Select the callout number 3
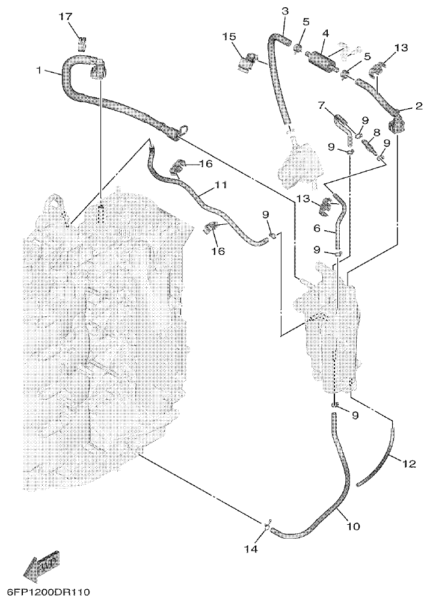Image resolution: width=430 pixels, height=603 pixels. click(x=284, y=11)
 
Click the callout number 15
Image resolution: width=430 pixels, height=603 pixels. click(x=230, y=37)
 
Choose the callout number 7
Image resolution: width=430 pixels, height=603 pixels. click(x=322, y=106)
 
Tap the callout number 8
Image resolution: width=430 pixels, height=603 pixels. click(x=376, y=133)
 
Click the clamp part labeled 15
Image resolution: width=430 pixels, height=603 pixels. click(x=246, y=61)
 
